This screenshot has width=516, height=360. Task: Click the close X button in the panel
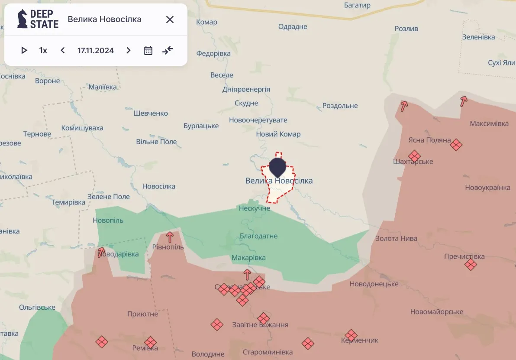(x=170, y=19)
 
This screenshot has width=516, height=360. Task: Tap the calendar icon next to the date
(x=148, y=50)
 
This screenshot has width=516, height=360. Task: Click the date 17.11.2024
(x=96, y=50)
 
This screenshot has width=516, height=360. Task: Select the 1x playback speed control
(x=43, y=50)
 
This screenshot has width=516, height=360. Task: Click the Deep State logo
(x=38, y=19)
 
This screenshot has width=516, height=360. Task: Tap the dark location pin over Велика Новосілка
(x=277, y=167)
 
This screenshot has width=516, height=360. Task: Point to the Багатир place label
(x=357, y=5)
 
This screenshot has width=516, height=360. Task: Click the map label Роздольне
(x=340, y=106)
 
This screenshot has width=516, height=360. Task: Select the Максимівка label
(x=489, y=124)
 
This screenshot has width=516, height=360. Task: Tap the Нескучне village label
(x=255, y=208)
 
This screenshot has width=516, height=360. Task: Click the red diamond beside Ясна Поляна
(x=456, y=144)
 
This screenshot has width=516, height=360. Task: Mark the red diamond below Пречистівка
(x=471, y=264)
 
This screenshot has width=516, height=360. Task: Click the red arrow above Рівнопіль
(x=170, y=237)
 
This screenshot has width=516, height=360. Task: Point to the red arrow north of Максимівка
(x=464, y=101)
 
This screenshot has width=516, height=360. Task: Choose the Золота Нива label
(x=396, y=238)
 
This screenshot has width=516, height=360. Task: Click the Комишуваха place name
(x=82, y=128)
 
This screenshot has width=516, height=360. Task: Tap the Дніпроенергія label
(x=246, y=89)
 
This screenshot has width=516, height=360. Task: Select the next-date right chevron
(x=128, y=50)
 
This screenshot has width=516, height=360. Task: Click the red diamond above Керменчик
(x=351, y=335)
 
